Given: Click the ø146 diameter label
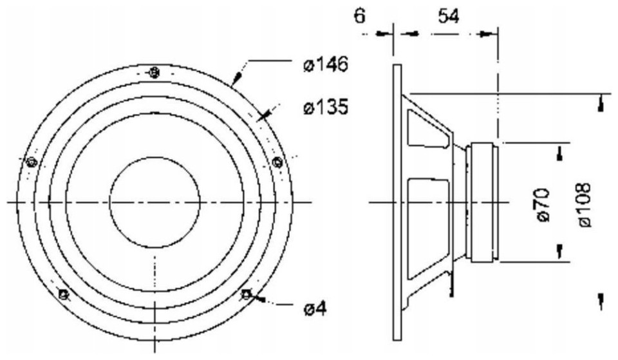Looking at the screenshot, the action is click(x=326, y=64).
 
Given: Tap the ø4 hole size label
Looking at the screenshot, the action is click(x=315, y=308).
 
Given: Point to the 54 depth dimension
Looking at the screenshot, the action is click(x=449, y=17).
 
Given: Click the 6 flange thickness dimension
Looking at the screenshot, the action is click(x=360, y=17).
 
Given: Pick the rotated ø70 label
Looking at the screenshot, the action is click(x=544, y=205).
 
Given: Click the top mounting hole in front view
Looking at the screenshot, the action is click(x=154, y=73).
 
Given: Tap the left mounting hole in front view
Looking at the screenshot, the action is click(x=31, y=162).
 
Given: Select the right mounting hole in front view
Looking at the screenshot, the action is click(x=278, y=162).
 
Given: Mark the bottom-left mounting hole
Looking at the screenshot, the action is click(x=62, y=294).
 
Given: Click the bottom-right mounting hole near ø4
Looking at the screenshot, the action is click(x=246, y=294).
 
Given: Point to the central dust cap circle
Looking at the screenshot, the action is click(x=155, y=202).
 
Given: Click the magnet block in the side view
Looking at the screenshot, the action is click(x=482, y=202).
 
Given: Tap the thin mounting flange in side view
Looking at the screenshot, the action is click(x=397, y=202).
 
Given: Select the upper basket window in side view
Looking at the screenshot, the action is click(x=428, y=130).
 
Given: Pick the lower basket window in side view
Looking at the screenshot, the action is click(x=428, y=229).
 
